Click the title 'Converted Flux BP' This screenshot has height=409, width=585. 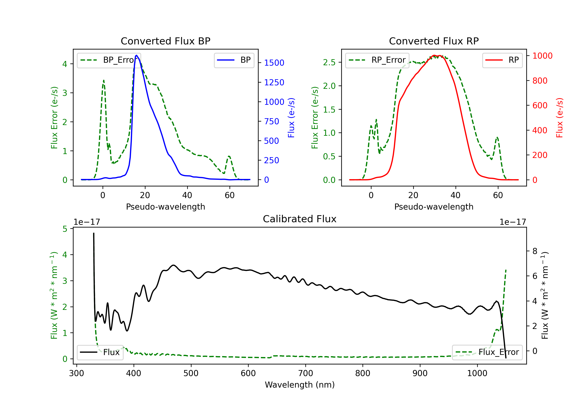coord(165,41)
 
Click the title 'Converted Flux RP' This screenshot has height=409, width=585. coord(434,41)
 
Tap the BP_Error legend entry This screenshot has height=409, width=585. coord(109,60)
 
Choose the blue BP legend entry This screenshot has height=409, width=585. coord(234,60)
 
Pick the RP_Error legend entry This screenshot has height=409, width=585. coord(377,60)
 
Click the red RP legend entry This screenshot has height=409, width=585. coord(502,60)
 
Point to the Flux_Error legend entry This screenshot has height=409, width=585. coord(487,352)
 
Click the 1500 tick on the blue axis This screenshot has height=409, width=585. coord(274,63)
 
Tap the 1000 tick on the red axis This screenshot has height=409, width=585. coord(542,56)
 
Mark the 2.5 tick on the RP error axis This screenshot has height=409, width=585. coord(329,62)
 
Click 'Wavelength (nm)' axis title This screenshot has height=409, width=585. coord(300,385)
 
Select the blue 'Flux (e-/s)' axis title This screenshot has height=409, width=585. coord(291,118)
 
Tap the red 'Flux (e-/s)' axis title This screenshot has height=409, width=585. coord(559,118)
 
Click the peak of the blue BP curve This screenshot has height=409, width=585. coord(136,55)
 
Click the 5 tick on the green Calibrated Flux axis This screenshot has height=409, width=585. coord(65,229)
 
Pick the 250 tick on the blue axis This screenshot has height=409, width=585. coord(271,160)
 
